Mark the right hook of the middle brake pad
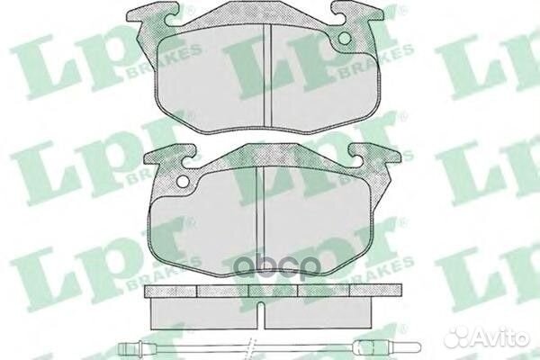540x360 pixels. tap(374, 157)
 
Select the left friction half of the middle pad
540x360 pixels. tap(202, 225)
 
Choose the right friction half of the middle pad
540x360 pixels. tap(315, 225)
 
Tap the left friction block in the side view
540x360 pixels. tap(202, 310)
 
